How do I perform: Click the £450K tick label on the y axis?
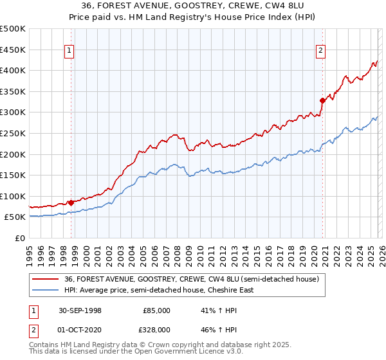pyautogui.click(x=13, y=50)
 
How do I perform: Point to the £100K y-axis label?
pyautogui.click(x=13, y=196)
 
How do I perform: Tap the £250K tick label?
pyautogui.click(x=13, y=133)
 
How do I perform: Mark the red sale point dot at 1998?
pyautogui.click(x=71, y=203)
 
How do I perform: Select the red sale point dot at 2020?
pyautogui.click(x=322, y=100)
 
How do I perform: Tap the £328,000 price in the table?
pyautogui.click(x=156, y=329)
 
